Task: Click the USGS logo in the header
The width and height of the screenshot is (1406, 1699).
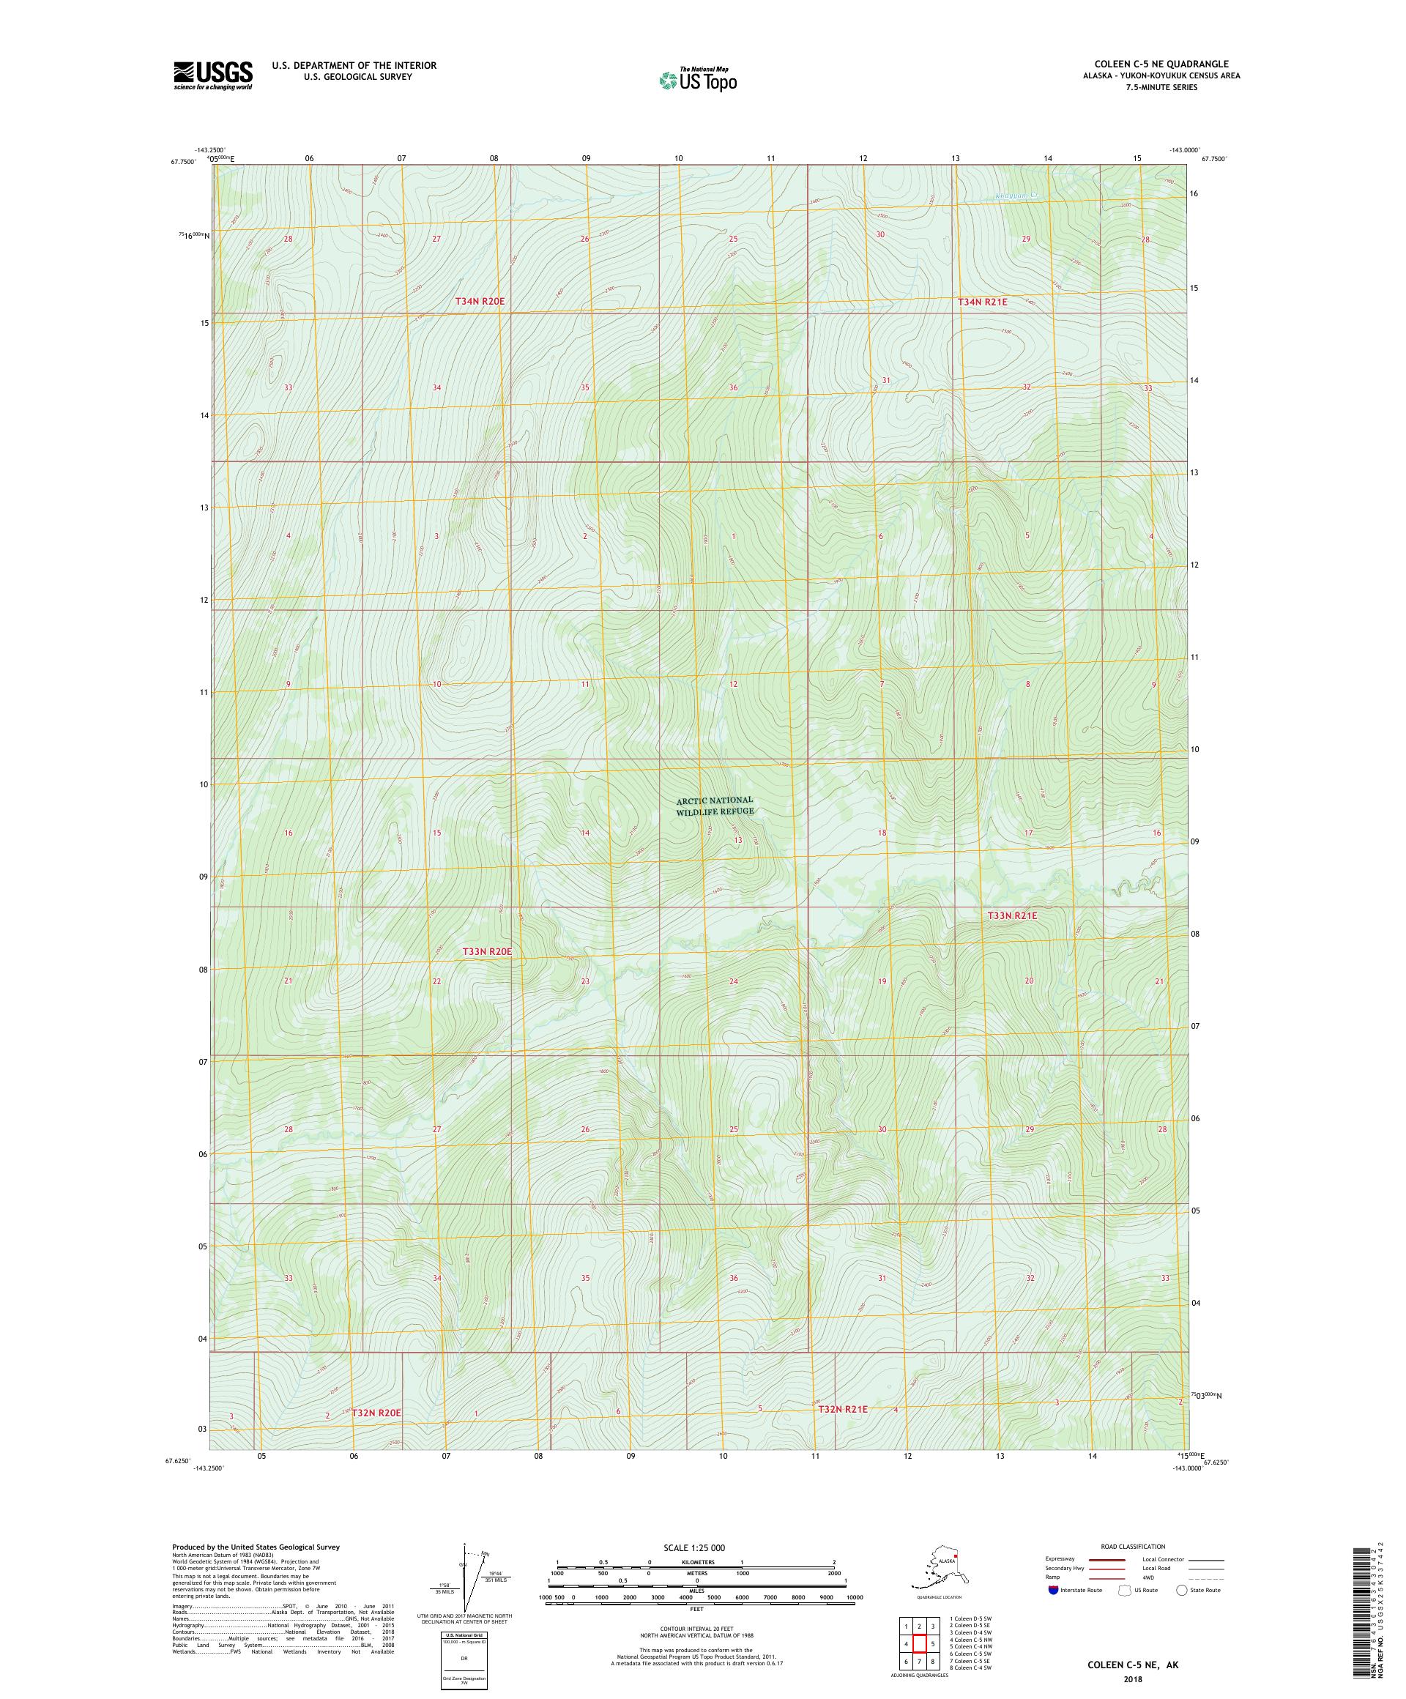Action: (x=212, y=75)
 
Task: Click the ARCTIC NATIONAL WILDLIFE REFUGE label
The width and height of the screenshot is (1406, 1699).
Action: (x=715, y=805)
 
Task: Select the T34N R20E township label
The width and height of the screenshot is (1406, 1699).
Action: (x=479, y=301)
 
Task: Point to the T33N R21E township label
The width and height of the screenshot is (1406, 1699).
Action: (x=1011, y=916)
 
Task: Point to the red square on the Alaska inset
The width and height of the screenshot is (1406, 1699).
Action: (x=956, y=1554)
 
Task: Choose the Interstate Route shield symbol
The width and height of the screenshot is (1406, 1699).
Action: (x=1052, y=1590)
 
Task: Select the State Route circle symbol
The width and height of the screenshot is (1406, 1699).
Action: (x=1181, y=1590)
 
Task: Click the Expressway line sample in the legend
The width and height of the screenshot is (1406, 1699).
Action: (x=1107, y=1559)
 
